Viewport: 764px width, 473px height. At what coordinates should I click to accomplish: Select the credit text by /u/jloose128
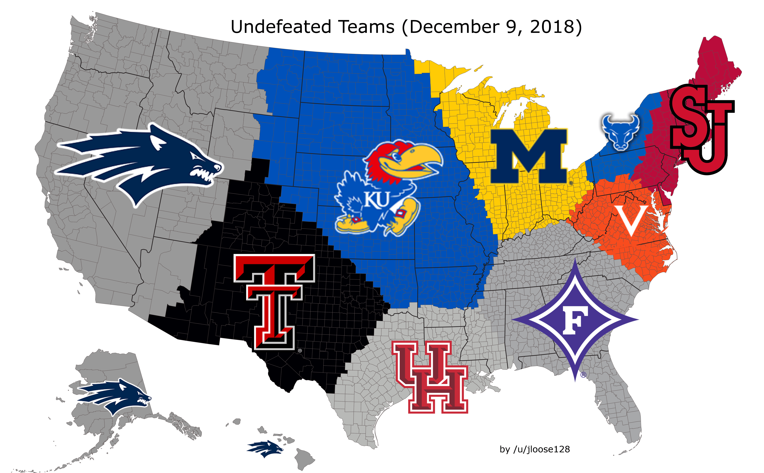535,449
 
